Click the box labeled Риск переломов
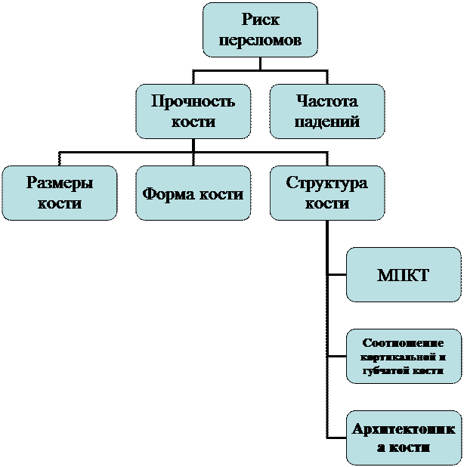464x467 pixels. pyautogui.click(x=260, y=29)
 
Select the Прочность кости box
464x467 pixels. pyautogui.click(x=193, y=111)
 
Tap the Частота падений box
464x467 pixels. pyautogui.click(x=327, y=111)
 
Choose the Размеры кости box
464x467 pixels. pyautogui.click(x=60, y=193)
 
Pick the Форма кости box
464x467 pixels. pyautogui.click(x=193, y=193)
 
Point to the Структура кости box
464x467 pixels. pyautogui.click(x=327, y=193)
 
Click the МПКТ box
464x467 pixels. pyautogui.click(x=404, y=274)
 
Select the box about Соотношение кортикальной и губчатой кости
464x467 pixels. pyautogui.click(x=404, y=356)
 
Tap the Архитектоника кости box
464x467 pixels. pyautogui.click(x=404, y=438)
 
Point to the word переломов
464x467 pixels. pyautogui.click(x=260, y=40)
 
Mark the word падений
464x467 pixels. pyautogui.click(x=327, y=121)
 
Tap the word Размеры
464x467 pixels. pyautogui.click(x=60, y=184)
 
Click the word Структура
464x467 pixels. pyautogui.click(x=327, y=184)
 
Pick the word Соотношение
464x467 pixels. pyautogui.click(x=404, y=342)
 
